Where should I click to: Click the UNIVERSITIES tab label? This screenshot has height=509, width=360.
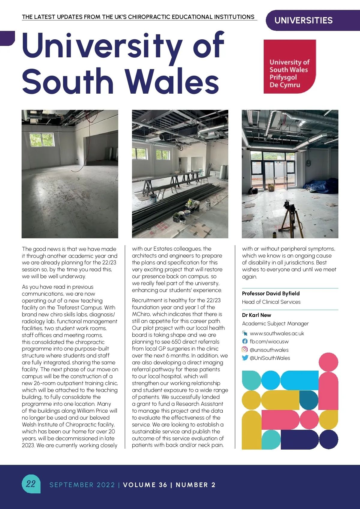point(303,20)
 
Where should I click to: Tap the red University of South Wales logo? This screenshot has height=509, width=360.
point(289,67)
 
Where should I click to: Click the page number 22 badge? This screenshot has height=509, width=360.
point(31,483)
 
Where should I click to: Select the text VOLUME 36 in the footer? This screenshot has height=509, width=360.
point(145,485)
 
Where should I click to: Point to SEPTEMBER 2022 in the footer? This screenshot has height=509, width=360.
point(82,485)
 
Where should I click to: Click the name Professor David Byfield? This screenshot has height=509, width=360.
point(271,294)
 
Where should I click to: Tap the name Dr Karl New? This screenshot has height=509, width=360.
point(256,315)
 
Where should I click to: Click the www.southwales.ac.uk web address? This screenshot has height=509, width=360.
point(277,333)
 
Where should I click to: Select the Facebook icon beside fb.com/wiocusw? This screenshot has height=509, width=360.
point(245,342)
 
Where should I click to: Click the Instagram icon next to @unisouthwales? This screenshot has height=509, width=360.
point(245,350)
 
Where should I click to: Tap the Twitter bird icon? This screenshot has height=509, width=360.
point(245,358)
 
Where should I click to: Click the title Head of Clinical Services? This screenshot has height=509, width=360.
point(271,302)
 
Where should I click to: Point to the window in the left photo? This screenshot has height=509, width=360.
point(42,140)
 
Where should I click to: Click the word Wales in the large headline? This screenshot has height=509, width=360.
point(172,81)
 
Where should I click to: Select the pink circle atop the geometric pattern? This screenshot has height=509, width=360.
point(328,362)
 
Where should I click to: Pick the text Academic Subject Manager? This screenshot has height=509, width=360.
point(275,324)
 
